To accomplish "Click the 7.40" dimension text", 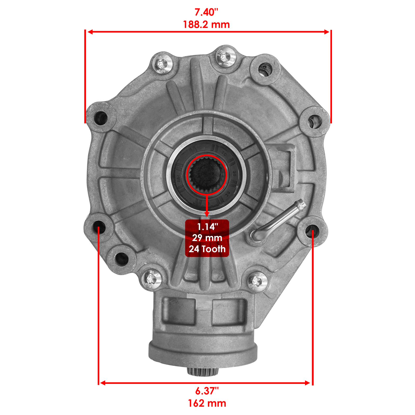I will pyautogui.click(x=206, y=12).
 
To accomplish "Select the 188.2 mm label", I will pyautogui.click(x=206, y=25).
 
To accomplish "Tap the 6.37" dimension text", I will pyautogui.click(x=207, y=391).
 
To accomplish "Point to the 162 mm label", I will pyautogui.click(x=207, y=403).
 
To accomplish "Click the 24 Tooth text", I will pyautogui.click(x=207, y=249).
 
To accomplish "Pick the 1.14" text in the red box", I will pyautogui.click(x=207, y=227).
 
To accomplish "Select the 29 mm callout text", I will pyautogui.click(x=207, y=238).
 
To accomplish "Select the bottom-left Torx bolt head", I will pyautogui.click(x=151, y=279).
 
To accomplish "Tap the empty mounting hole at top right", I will pyautogui.click(x=265, y=69).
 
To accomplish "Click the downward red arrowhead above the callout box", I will pyautogui.click(x=207, y=214).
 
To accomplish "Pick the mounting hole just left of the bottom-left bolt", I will pyautogui.click(x=121, y=259).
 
